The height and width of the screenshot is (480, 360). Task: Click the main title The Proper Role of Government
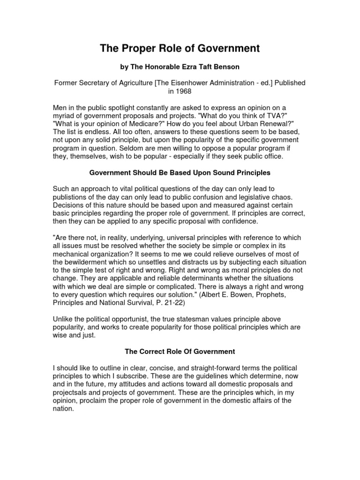click(x=180, y=48)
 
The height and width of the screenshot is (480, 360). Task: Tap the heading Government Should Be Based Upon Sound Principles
click(x=180, y=172)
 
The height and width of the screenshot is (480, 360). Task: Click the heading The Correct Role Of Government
click(x=180, y=351)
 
